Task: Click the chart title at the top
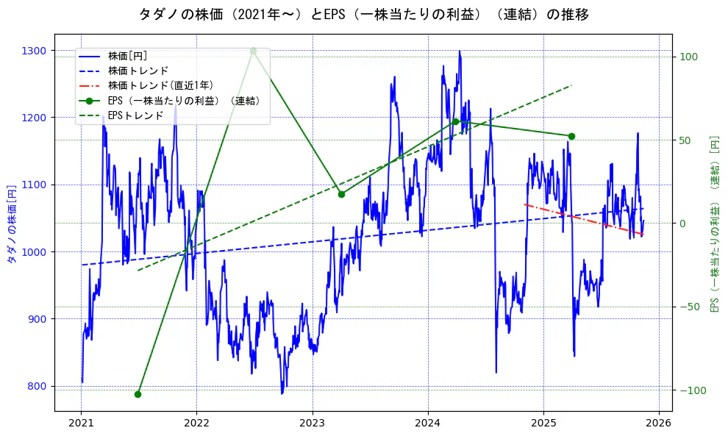(363, 14)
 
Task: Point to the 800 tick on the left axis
(38, 386)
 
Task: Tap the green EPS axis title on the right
(713, 224)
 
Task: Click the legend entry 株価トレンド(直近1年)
(160, 85)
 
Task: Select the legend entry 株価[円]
(127, 55)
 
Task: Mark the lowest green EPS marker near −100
(138, 394)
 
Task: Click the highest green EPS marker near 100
(253, 51)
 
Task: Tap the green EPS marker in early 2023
(341, 194)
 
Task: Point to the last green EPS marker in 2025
(571, 136)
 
